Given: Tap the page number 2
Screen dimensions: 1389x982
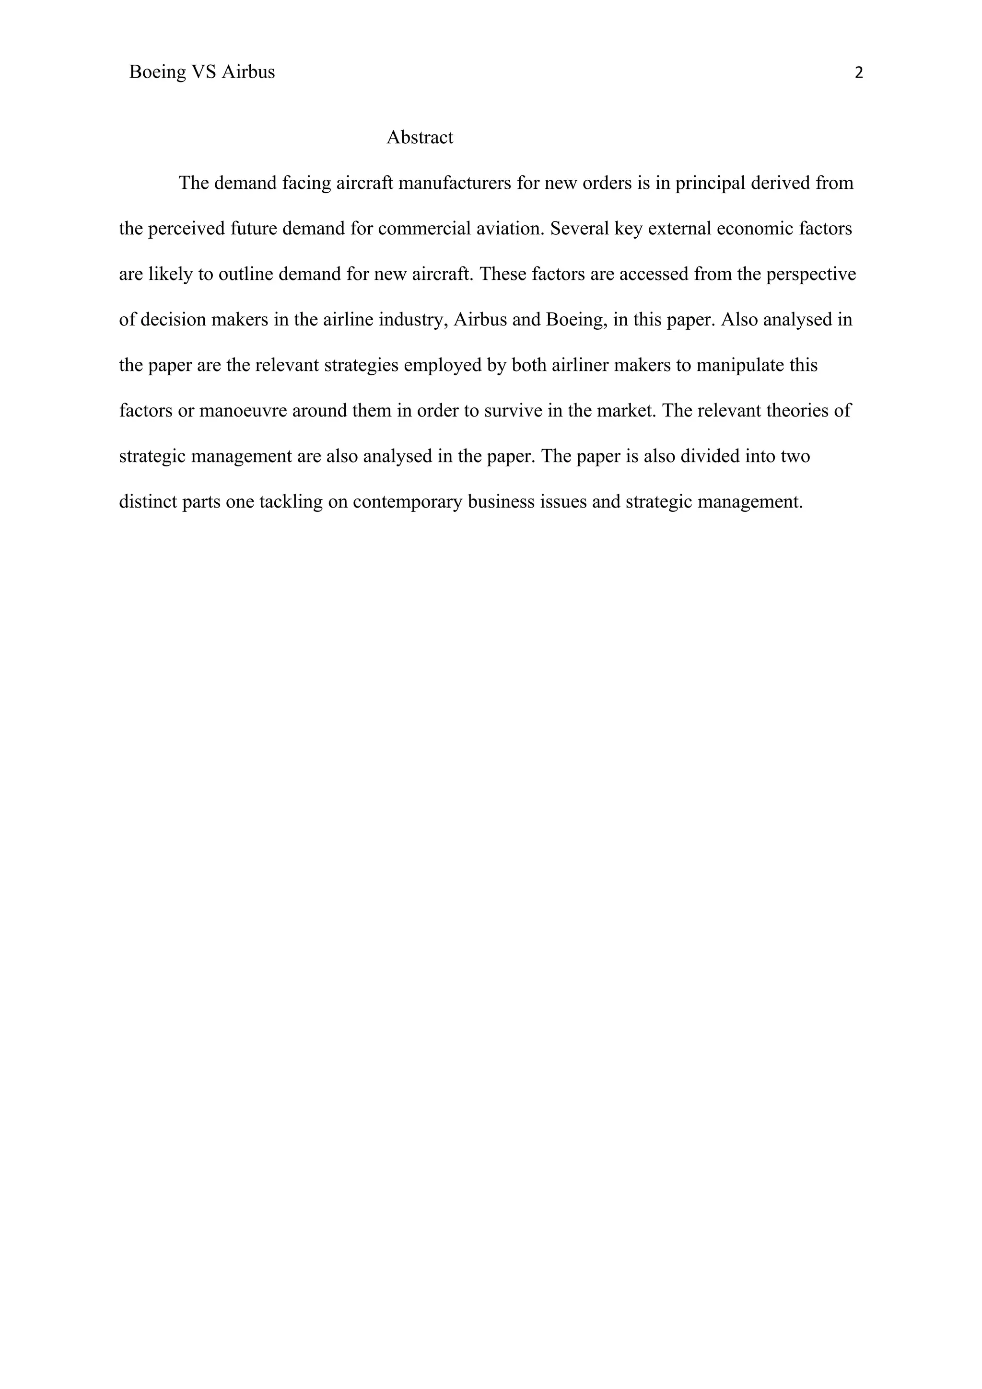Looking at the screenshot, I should [859, 73].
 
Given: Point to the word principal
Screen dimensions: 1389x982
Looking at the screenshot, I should [710, 183].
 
